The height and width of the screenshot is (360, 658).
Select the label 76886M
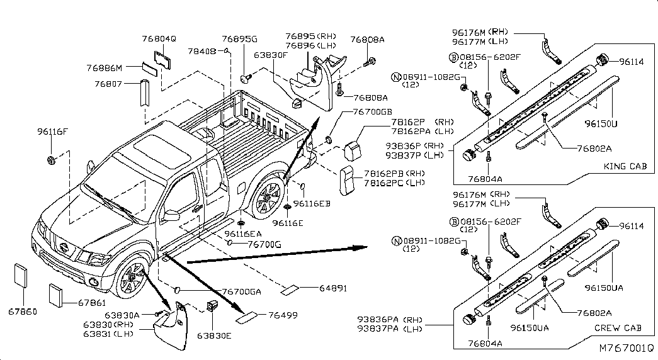104,67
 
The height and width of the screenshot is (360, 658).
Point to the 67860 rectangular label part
20,275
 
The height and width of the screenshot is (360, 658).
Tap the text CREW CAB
617,328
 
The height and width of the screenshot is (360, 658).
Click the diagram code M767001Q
626,347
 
